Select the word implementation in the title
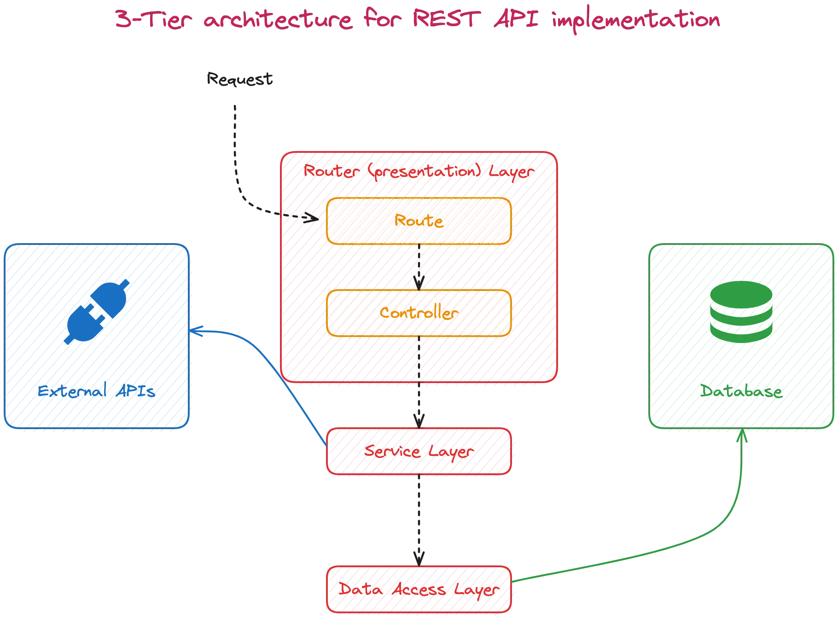(636, 21)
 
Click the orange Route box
(419, 221)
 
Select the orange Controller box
(419, 313)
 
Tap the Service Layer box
(419, 451)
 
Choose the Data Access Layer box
(419, 589)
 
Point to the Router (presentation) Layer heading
(418, 172)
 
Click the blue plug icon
(97, 313)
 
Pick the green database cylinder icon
(741, 313)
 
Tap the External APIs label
(97, 391)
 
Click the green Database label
(741, 392)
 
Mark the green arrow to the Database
(718, 534)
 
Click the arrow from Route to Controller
(419, 267)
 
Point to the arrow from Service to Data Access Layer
(418, 520)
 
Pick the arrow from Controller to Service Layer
(418, 382)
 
